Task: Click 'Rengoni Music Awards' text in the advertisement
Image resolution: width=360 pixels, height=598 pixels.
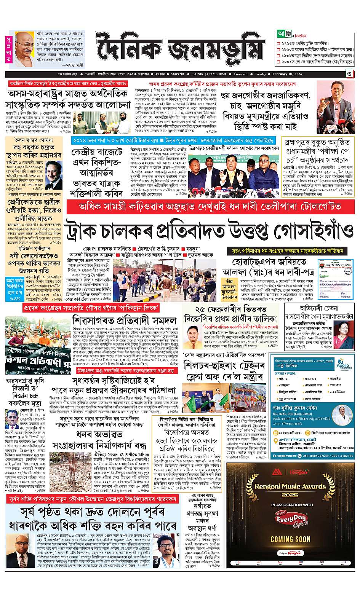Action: [291, 486]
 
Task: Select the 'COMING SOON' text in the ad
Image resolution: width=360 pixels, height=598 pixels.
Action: [290, 539]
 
